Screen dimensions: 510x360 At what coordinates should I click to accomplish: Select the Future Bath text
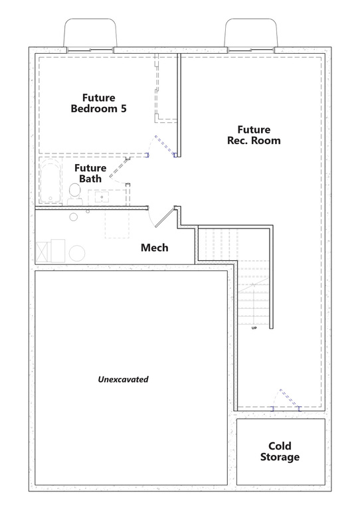point(88,173)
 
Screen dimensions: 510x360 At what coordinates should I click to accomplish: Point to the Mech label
point(154,248)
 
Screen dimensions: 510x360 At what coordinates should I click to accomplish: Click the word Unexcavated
point(123,380)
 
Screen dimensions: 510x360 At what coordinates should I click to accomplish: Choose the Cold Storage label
point(280,452)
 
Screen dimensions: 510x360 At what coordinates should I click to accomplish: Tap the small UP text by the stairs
point(254,328)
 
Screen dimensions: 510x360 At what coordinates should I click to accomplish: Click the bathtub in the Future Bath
point(50,181)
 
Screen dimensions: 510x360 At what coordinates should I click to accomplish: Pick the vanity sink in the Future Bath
point(102,197)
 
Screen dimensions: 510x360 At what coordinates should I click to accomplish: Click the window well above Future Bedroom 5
point(90,33)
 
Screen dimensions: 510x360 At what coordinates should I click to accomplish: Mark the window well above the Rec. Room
point(251,33)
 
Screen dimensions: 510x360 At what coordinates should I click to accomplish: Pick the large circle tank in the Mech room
point(77,253)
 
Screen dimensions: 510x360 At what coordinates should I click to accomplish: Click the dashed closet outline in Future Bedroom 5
point(166,90)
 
